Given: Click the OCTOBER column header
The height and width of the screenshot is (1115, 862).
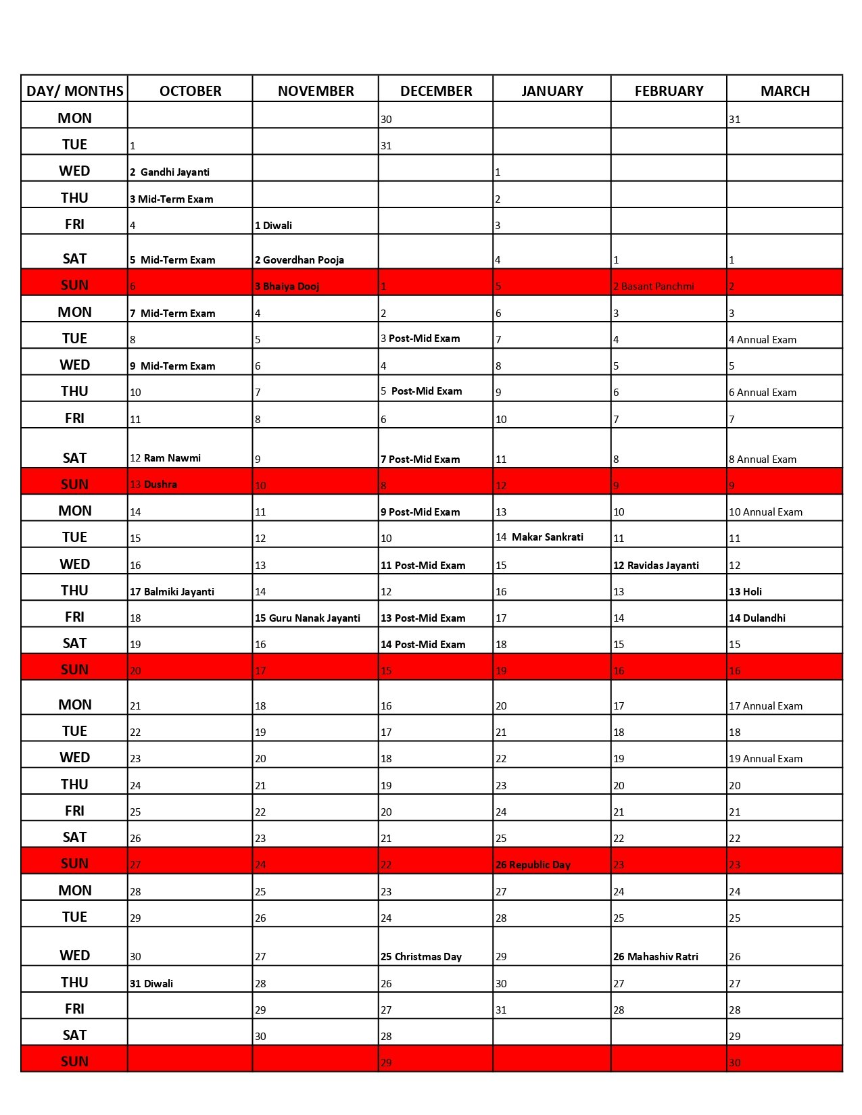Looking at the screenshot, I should (x=190, y=91).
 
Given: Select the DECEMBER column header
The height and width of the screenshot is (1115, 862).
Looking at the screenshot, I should (x=436, y=91).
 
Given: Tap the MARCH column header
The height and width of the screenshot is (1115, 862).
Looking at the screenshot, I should (x=785, y=91).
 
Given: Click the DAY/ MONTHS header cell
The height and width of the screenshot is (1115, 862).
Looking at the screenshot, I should (x=74, y=91).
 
